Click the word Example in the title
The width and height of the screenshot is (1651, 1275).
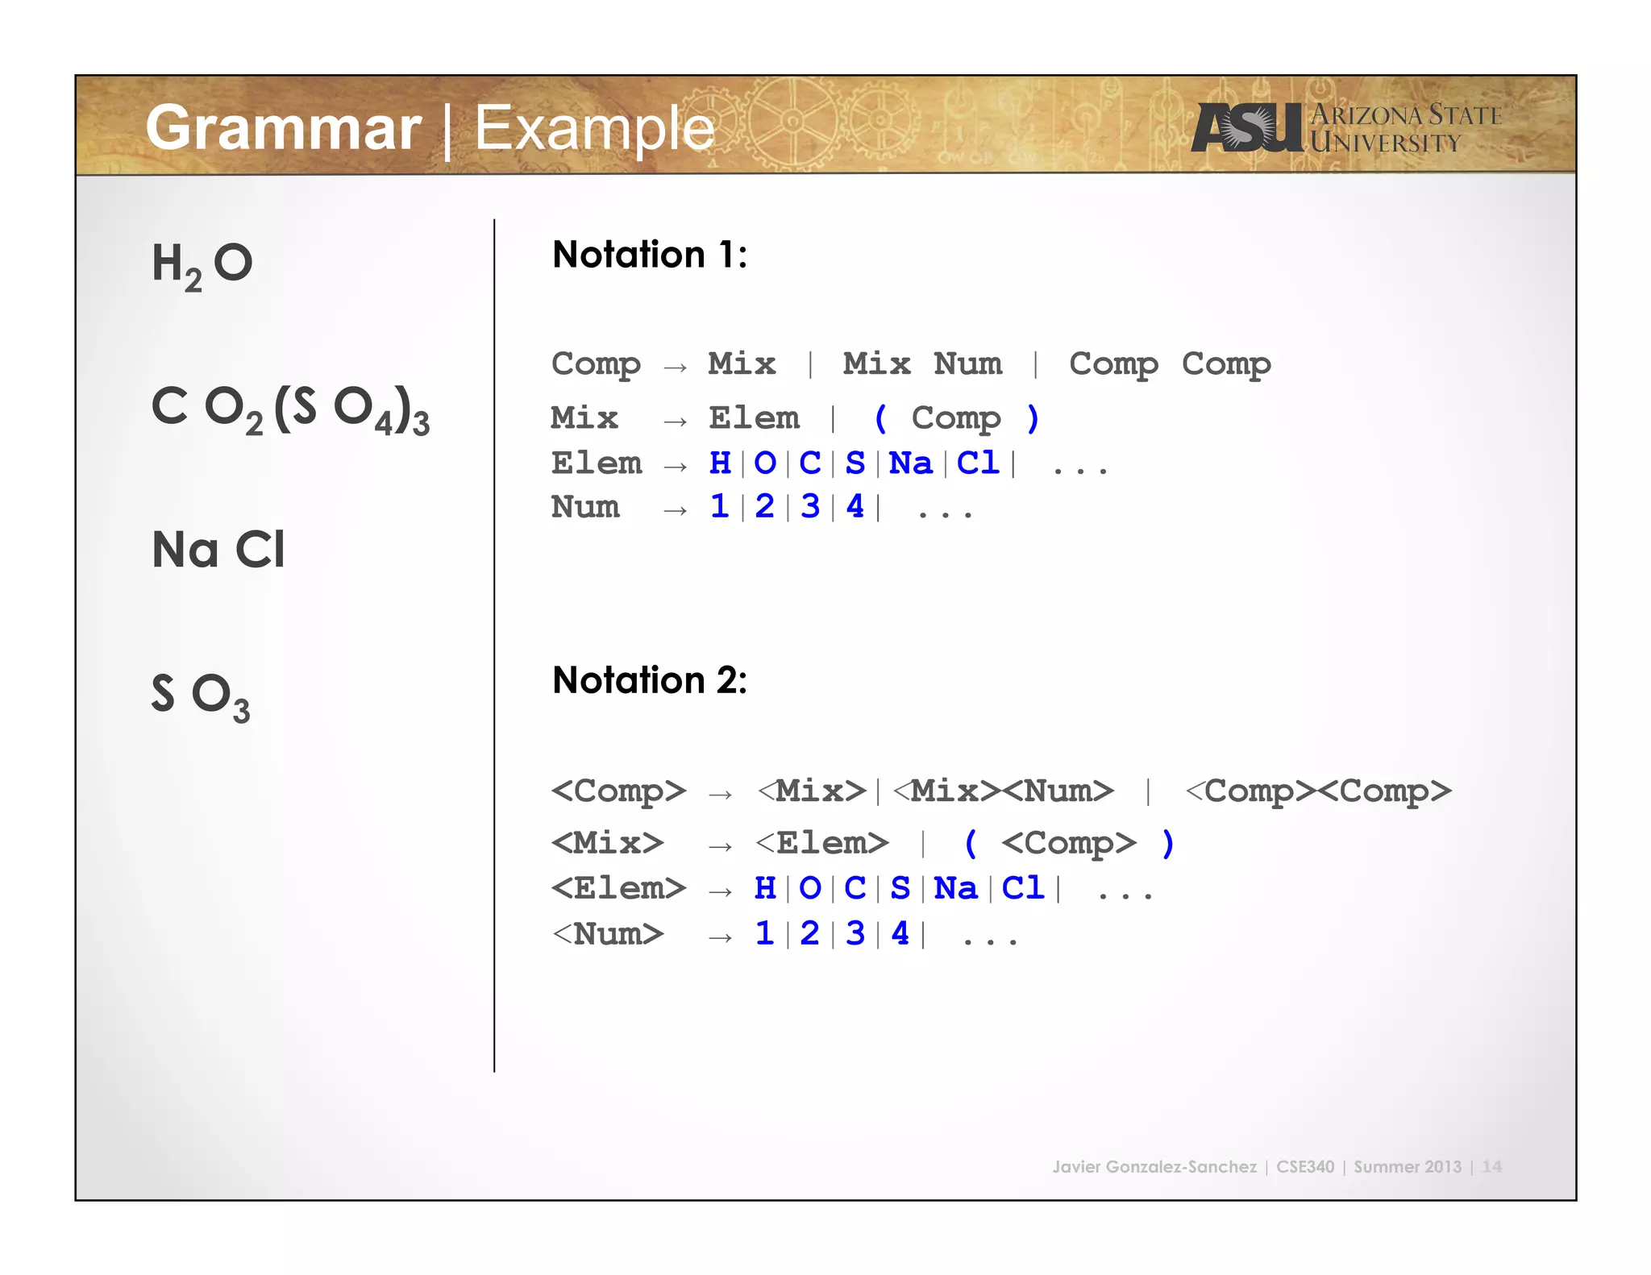[x=594, y=129]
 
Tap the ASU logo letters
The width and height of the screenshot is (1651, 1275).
[x=1246, y=127]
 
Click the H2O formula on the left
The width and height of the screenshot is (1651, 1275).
[x=202, y=264]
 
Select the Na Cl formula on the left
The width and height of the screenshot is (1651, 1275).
[x=218, y=550]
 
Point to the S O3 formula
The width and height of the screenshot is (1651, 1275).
[x=200, y=695]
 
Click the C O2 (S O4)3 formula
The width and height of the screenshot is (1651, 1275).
[x=290, y=409]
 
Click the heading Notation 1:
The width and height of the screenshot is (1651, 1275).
[x=650, y=255]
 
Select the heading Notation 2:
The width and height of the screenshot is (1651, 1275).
[x=650, y=680]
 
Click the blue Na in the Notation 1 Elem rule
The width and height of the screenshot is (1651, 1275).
[x=910, y=463]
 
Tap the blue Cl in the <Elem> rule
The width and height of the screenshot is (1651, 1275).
[x=1022, y=888]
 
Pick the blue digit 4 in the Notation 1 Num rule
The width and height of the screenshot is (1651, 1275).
[x=855, y=507]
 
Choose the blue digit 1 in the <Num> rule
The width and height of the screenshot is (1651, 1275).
[x=764, y=934]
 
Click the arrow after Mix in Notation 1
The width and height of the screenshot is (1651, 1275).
[x=676, y=421]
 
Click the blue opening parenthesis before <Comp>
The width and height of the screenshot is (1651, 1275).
[x=971, y=844]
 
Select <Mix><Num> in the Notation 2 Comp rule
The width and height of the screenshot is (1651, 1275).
[x=1004, y=791]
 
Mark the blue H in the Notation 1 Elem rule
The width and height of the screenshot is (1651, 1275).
[x=720, y=463]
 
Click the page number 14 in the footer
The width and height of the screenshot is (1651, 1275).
[x=1491, y=1166]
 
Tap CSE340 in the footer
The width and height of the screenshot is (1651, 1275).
[x=1304, y=1166]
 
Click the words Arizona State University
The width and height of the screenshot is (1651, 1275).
[x=1404, y=129]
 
